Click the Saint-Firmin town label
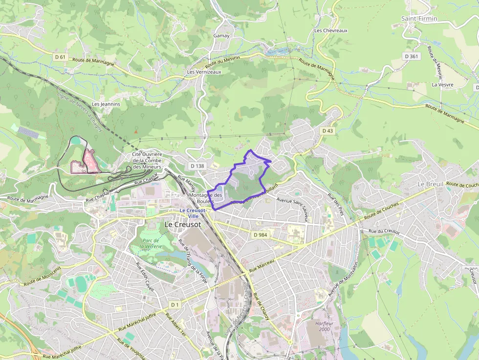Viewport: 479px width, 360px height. click(x=419, y=19)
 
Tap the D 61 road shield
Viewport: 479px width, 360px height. click(x=60, y=57)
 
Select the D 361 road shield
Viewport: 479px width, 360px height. click(x=412, y=57)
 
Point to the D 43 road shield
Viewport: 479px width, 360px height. click(x=327, y=131)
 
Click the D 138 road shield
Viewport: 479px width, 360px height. click(x=197, y=166)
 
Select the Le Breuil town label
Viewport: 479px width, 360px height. click(x=430, y=184)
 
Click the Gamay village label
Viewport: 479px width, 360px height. click(x=221, y=36)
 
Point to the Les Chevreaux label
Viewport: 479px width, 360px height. click(x=331, y=30)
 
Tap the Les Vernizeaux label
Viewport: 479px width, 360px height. click(x=204, y=72)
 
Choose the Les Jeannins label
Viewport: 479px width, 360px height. click(x=106, y=104)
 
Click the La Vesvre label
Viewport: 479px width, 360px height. click(x=442, y=85)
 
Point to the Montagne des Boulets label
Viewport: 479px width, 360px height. click(x=205, y=198)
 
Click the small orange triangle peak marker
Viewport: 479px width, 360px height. click(x=136, y=131)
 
